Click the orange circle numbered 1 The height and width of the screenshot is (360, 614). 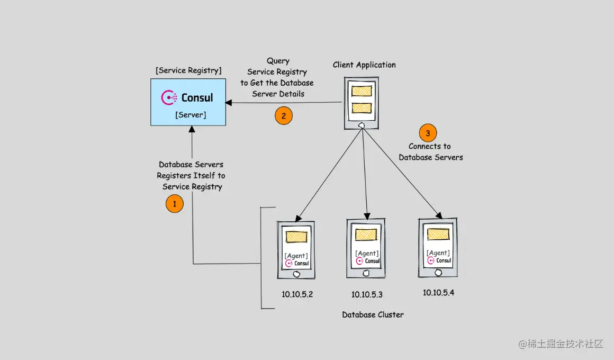click(175, 204)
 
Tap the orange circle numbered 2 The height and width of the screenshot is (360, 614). click(284, 116)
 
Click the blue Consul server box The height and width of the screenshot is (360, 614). click(188, 102)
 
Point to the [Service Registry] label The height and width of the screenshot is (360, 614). click(189, 70)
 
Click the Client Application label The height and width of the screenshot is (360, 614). click(364, 65)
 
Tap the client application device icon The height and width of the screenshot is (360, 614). click(362, 103)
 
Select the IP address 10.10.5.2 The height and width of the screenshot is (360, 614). click(297, 294)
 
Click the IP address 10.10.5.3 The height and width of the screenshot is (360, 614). click(367, 294)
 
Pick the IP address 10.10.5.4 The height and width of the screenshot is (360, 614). click(438, 292)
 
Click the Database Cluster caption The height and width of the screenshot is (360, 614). click(373, 314)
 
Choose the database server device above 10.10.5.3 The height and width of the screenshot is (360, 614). click(366, 248)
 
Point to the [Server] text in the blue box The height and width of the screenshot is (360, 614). click(191, 114)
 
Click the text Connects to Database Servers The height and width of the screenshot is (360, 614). click(430, 152)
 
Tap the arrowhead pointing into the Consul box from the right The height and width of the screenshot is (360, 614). click(229, 102)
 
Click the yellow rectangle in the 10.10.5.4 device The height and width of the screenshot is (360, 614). click(438, 233)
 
